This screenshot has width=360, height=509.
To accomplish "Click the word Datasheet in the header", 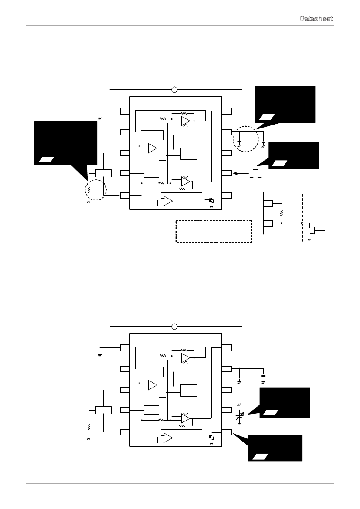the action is click(x=316, y=18).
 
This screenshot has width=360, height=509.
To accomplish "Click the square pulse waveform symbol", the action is click(x=255, y=173).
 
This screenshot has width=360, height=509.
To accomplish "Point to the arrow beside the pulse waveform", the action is click(x=241, y=173).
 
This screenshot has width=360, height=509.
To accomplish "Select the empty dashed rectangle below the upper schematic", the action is click(x=214, y=231).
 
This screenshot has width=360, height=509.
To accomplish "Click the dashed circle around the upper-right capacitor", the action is click(x=233, y=139).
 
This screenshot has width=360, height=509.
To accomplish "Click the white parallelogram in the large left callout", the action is click(x=46, y=159).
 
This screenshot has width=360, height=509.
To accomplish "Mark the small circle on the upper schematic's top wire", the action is click(x=174, y=90).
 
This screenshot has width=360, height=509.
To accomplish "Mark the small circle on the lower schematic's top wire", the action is click(x=174, y=326).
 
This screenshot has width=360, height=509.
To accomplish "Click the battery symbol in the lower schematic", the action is click(x=264, y=377).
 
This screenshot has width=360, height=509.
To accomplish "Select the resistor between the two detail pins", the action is click(x=282, y=213).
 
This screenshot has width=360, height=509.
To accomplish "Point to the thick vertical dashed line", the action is click(x=302, y=218).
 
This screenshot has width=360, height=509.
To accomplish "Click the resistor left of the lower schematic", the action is click(x=89, y=427).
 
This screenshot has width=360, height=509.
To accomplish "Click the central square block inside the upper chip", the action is click(x=188, y=154).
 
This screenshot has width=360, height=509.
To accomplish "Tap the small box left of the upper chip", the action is click(x=103, y=173).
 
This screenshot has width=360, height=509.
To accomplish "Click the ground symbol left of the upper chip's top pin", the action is click(x=100, y=118).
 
